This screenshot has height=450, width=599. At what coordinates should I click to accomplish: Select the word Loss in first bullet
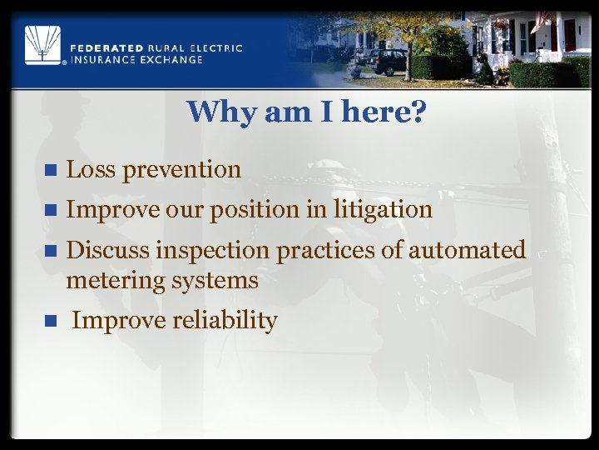coord(91,169)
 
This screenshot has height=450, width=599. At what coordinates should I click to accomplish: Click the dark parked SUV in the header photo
coord(384,61)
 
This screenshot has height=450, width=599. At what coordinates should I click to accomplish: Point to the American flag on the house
coord(542,20)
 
